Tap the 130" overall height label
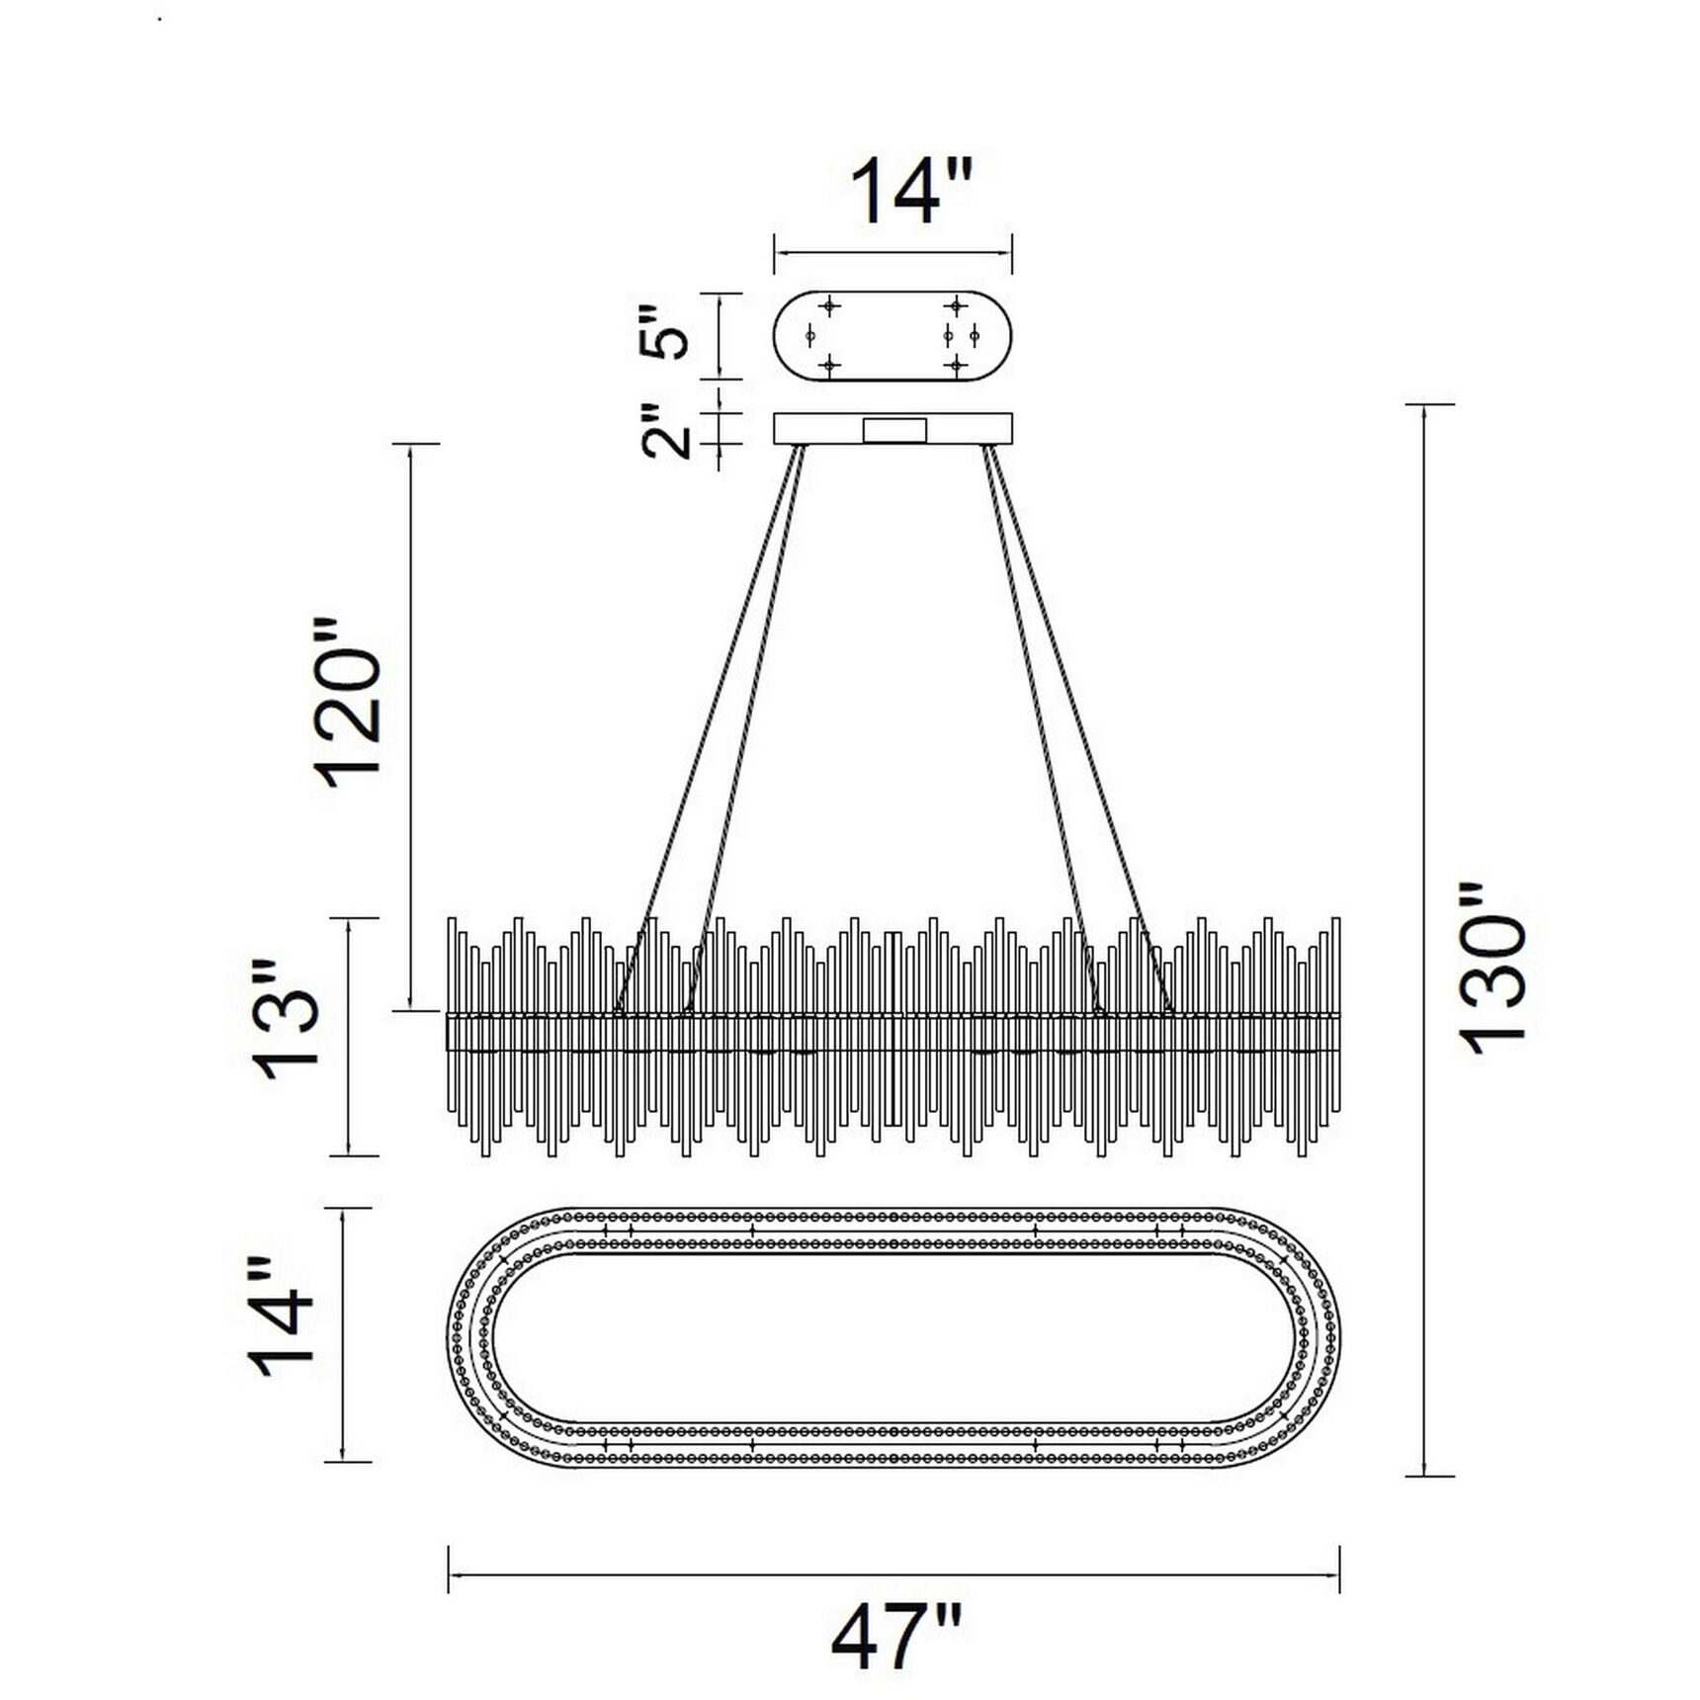coord(1493,970)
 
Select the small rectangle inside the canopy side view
coord(894,430)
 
